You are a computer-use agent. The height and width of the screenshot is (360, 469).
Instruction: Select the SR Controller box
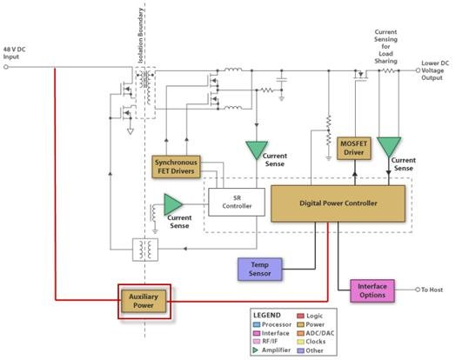point(231,202)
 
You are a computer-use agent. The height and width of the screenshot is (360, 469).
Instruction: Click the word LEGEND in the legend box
point(269,314)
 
